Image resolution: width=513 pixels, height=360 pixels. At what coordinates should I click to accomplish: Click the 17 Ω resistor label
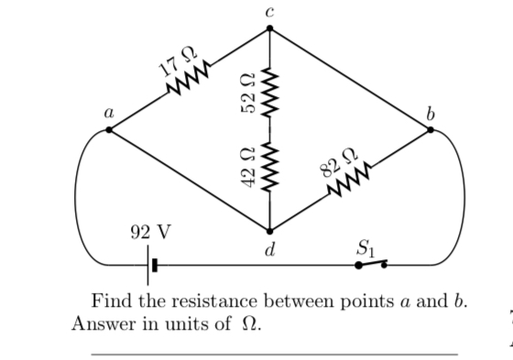tap(171, 61)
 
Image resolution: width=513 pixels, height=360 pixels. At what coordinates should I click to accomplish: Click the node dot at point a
tap(110, 131)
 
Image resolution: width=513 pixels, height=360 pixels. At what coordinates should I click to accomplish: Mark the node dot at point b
tap(431, 131)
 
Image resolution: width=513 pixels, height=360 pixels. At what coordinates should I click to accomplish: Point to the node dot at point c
tap(269, 28)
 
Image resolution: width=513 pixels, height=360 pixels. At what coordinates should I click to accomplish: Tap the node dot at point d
tap(269, 230)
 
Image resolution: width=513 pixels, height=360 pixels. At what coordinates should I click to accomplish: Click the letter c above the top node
tap(269, 11)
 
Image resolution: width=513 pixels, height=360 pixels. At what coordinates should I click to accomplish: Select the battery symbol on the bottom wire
tap(153, 266)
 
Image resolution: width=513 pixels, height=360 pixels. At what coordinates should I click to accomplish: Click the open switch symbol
tap(372, 265)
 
